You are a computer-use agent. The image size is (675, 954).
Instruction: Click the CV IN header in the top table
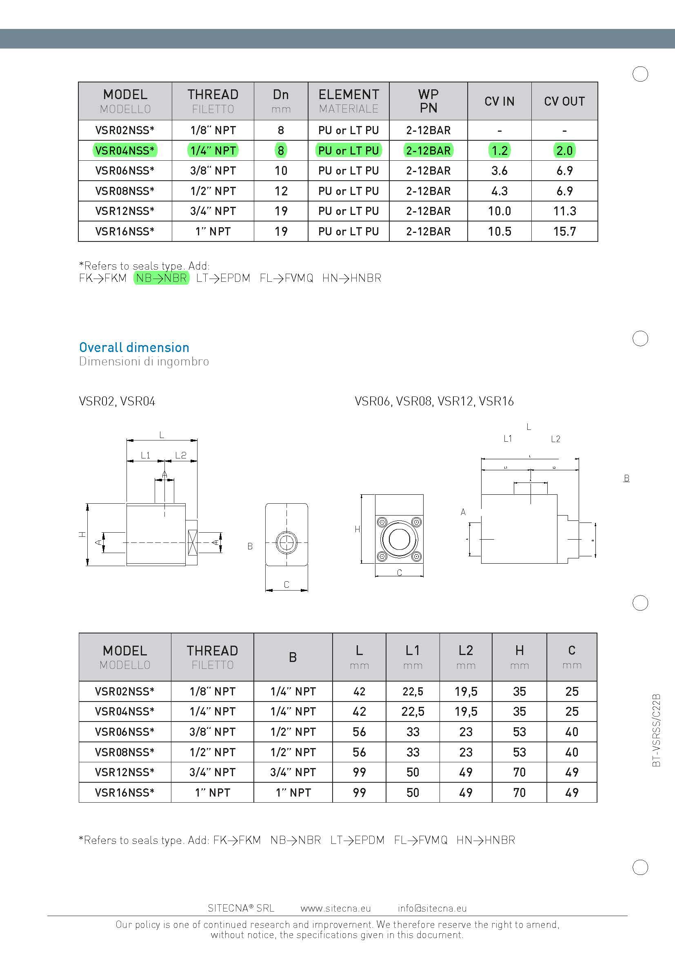[x=499, y=101]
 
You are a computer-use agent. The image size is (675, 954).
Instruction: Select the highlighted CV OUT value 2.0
[x=564, y=151]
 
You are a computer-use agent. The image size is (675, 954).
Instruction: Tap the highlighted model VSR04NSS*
[x=125, y=151]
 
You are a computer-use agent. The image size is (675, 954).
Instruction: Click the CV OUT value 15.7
[x=564, y=231]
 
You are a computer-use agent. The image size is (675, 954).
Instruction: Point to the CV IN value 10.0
[x=499, y=211]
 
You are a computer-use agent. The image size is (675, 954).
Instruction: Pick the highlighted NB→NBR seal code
[x=161, y=278]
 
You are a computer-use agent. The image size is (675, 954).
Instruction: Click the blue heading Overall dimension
[x=134, y=348]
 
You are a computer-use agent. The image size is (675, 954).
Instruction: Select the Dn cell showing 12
[x=280, y=191]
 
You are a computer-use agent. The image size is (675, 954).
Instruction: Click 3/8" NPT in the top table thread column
[x=213, y=171]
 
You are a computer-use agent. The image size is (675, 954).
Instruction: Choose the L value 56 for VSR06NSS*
[x=359, y=732]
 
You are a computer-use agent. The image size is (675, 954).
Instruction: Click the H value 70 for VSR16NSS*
[x=519, y=792]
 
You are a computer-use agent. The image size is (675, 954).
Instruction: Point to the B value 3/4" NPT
[x=293, y=772]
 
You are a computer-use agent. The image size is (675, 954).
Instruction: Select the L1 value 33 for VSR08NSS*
[x=412, y=752]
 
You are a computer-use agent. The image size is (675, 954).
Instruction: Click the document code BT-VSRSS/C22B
[x=656, y=730]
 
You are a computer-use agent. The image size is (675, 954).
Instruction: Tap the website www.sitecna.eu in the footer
[x=335, y=908]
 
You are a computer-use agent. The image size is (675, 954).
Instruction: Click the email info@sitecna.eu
[x=432, y=908]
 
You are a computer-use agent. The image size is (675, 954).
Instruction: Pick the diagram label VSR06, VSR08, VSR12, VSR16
[x=434, y=401]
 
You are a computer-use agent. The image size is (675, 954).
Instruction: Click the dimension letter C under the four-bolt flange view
[x=399, y=573]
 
